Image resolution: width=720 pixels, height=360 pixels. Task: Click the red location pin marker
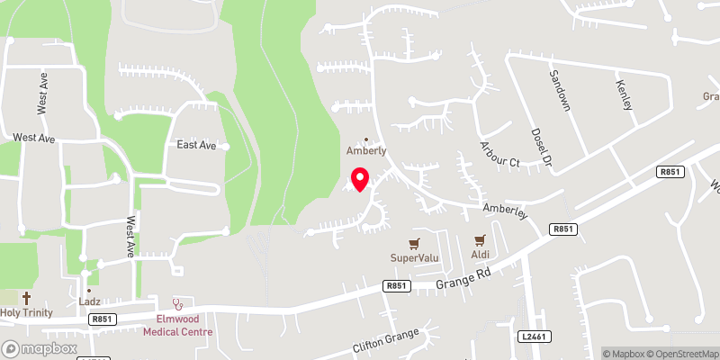click(x=360, y=179)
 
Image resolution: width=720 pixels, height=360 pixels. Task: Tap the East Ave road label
click(x=196, y=145)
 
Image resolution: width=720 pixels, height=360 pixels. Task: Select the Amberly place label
click(x=366, y=151)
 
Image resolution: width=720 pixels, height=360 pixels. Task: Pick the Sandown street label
click(x=561, y=90)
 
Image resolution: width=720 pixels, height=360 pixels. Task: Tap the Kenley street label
click(x=624, y=94)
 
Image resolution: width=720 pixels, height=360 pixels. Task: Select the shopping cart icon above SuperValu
click(x=414, y=243)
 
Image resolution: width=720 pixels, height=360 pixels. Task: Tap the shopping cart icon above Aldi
click(x=479, y=240)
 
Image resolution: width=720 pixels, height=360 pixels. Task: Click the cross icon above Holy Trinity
click(x=26, y=297)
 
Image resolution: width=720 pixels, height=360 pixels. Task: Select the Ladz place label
click(x=89, y=302)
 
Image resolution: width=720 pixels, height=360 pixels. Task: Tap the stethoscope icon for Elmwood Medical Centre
click(x=177, y=303)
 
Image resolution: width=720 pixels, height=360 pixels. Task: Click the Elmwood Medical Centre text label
click(x=177, y=324)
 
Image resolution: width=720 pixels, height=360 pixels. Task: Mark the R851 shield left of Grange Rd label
click(x=396, y=286)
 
